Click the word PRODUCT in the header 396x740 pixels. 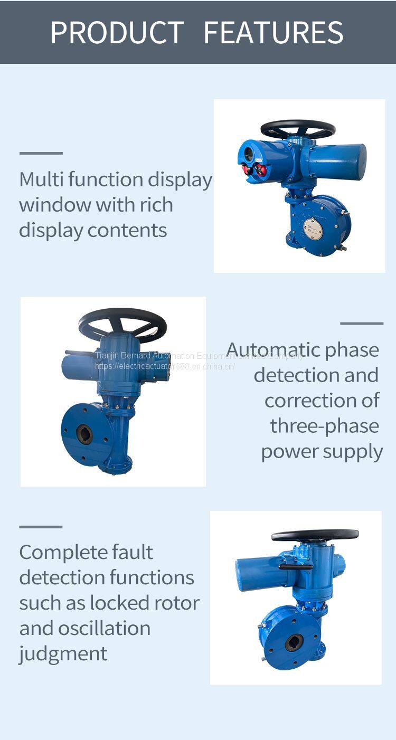coord(117,32)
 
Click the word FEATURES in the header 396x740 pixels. coord(274,32)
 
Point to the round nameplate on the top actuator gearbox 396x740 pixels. coord(313,227)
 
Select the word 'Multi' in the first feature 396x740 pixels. coord(40,179)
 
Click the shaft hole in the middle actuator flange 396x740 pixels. coord(84,434)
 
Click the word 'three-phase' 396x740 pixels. coord(324,426)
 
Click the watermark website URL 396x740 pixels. coord(165,366)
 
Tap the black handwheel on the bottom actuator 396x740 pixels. coord(315,535)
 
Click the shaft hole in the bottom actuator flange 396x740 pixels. coord(294,642)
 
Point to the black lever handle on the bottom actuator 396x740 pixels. coord(296,567)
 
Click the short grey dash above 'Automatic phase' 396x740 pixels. coord(362,324)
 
